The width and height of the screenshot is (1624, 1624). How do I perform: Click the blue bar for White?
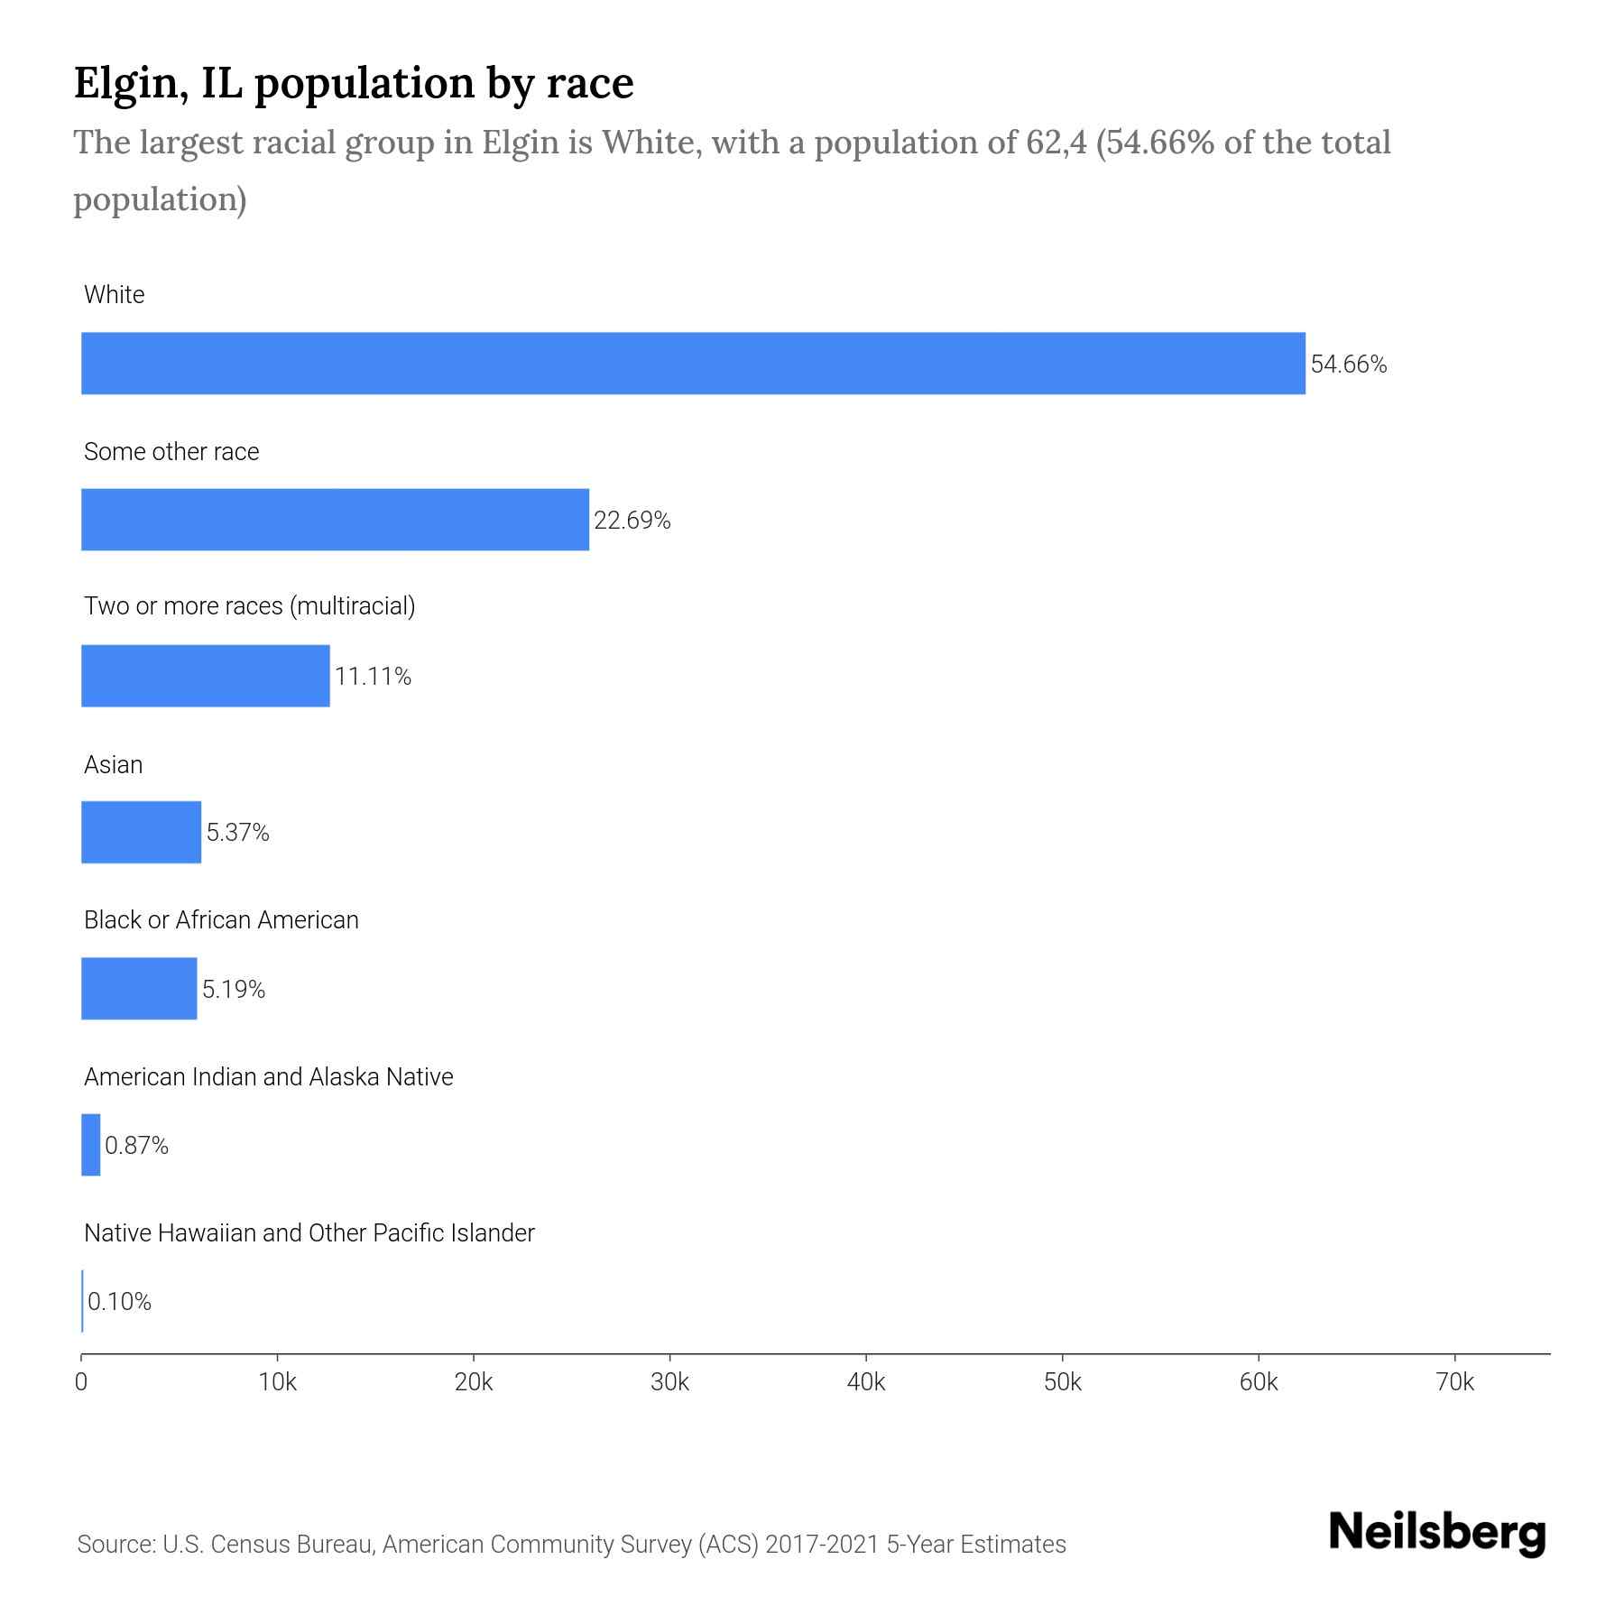pos(693,363)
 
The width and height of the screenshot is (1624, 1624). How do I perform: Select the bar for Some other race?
pos(335,520)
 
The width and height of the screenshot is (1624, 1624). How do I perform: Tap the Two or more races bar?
pos(206,676)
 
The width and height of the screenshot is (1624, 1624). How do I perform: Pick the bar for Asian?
pos(141,832)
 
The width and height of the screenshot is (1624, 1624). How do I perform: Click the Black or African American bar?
pos(139,988)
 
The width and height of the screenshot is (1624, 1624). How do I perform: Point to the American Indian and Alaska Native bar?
pos(90,1144)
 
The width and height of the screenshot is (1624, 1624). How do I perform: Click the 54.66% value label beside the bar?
pos(1348,364)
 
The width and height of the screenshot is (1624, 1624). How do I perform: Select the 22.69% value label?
pos(632,521)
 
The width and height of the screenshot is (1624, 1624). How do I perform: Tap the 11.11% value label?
pos(373,677)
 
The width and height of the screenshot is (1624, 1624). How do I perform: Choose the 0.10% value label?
pos(119,1301)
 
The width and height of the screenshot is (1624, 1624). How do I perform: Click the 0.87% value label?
pos(136,1145)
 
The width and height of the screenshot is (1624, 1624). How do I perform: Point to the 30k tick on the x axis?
pos(669,1382)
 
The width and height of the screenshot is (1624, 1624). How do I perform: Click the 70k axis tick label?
pos(1453,1382)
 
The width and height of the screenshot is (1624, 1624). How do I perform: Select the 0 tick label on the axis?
pos(81,1382)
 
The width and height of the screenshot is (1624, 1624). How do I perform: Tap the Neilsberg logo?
pos(1437,1532)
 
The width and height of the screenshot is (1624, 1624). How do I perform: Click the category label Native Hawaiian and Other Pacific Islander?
pos(309,1232)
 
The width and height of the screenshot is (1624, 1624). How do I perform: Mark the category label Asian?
pos(113,764)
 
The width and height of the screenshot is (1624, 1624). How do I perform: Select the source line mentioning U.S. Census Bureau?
pos(571,1544)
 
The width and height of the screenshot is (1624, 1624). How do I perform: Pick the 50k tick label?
pos(1062,1382)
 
